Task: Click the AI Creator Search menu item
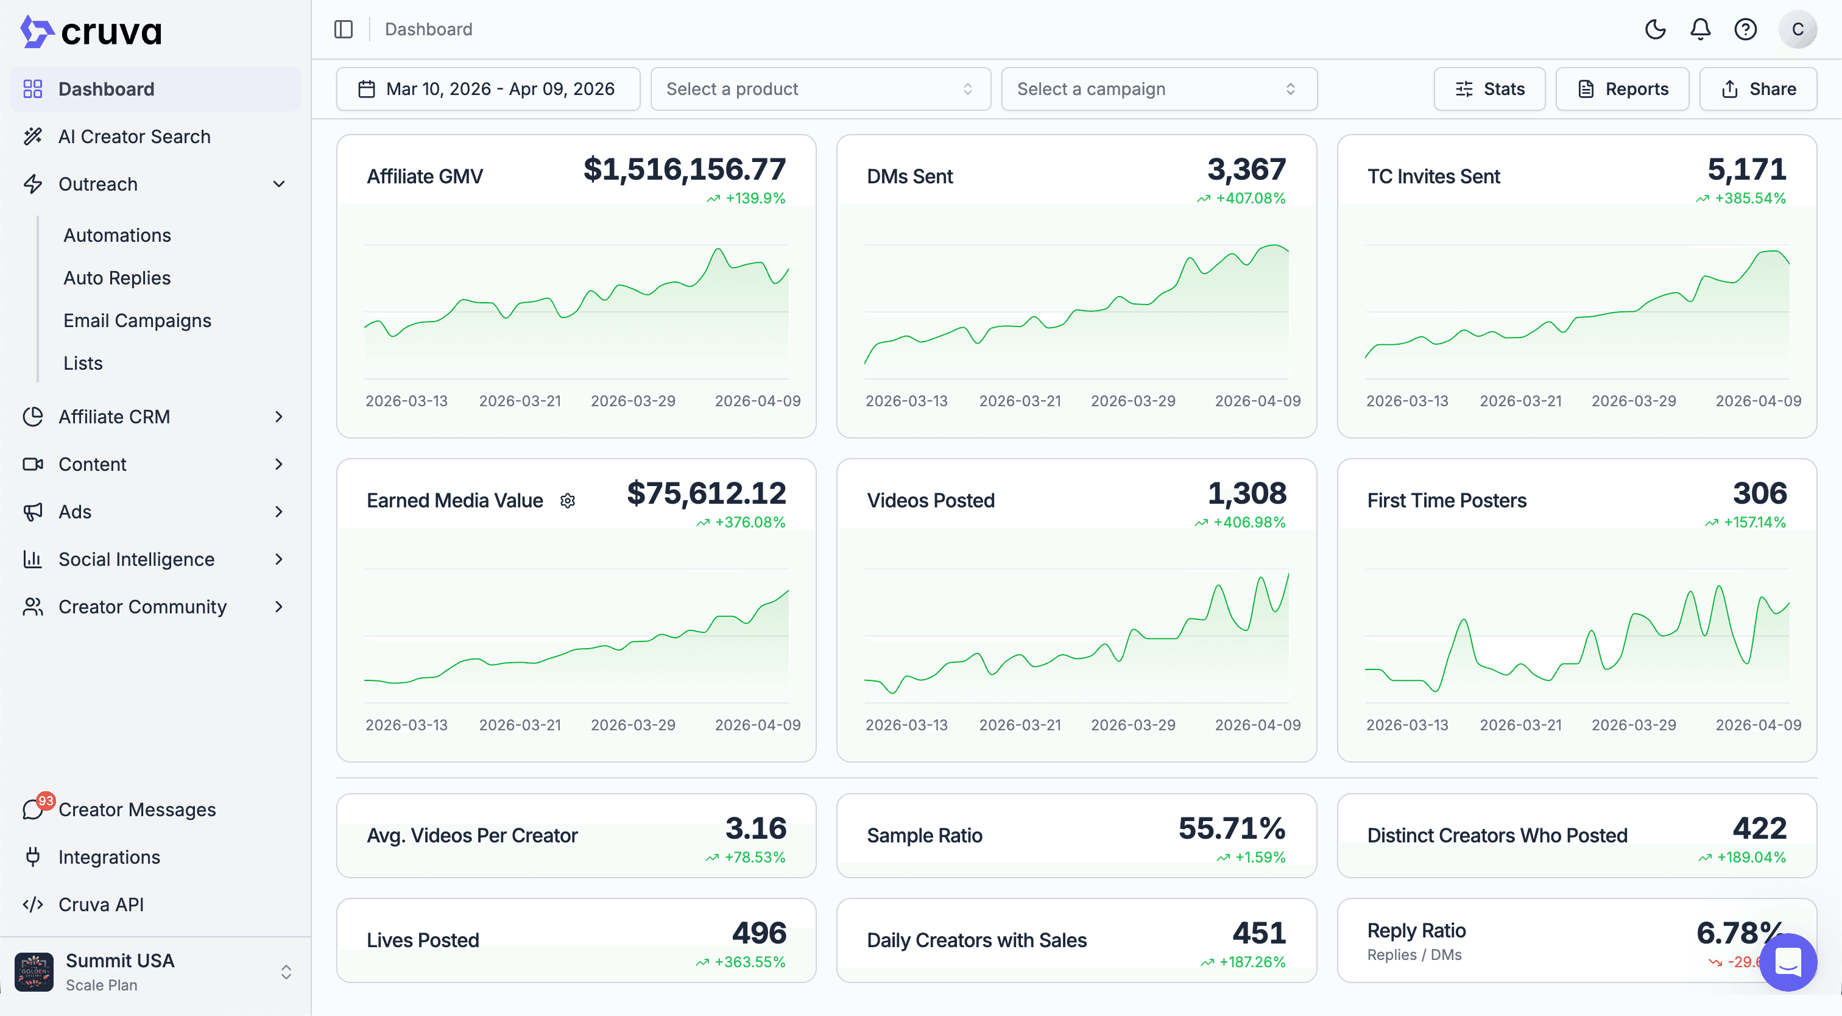134,136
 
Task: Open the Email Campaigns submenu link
137,320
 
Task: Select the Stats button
1489,89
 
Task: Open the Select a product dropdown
819,89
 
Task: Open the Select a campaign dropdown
1159,89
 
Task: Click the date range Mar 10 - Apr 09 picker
488,89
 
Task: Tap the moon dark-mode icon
1656,29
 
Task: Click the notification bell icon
1701,29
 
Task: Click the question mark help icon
1746,29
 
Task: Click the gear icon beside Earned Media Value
568,501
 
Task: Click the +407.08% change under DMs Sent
1250,198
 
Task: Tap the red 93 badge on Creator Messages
46,801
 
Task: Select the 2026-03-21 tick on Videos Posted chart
1020,725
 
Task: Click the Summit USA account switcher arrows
286,972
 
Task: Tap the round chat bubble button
1788,962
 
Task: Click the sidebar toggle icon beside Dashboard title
343,29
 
